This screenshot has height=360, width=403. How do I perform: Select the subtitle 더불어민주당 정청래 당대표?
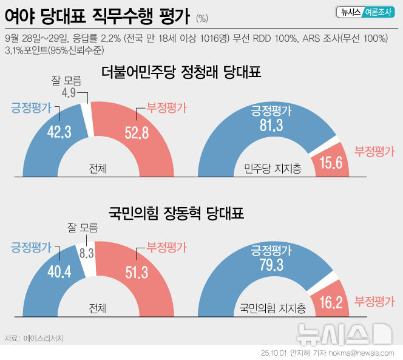click(x=181, y=73)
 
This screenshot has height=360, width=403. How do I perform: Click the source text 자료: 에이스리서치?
click(x=34, y=338)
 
